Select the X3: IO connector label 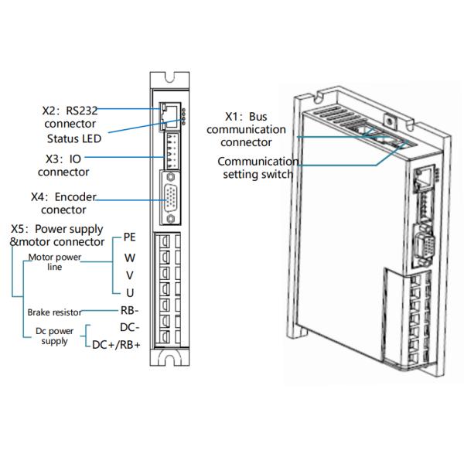coord(63,165)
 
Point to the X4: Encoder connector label coord(63,203)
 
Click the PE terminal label coord(130,237)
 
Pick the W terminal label coord(130,256)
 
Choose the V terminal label coord(130,274)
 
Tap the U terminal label coord(130,292)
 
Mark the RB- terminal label coord(129,310)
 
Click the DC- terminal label coord(129,327)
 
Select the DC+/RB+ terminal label coord(117,345)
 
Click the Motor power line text coord(54,261)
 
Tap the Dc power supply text coord(54,336)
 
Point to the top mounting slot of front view coord(170,76)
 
